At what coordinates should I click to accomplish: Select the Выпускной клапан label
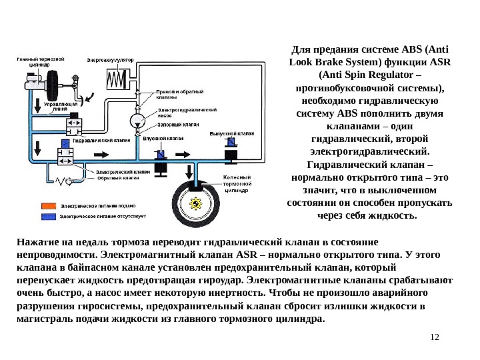(233, 133)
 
